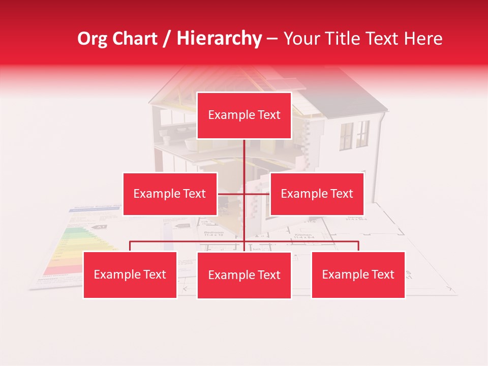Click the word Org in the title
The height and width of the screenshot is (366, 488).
[93, 39]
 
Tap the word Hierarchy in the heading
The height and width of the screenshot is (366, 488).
[219, 39]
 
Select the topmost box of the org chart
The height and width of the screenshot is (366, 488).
[244, 115]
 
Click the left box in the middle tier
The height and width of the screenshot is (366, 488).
[170, 194]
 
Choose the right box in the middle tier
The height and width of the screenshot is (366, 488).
[317, 194]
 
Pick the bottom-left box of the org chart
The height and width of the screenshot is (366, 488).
[130, 274]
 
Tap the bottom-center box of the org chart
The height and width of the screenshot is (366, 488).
[244, 275]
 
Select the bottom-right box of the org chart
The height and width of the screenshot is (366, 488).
[358, 274]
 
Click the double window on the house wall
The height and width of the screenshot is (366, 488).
[354, 135]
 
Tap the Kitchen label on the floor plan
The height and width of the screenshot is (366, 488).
[303, 235]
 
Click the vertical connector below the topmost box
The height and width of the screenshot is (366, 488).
[245, 158]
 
